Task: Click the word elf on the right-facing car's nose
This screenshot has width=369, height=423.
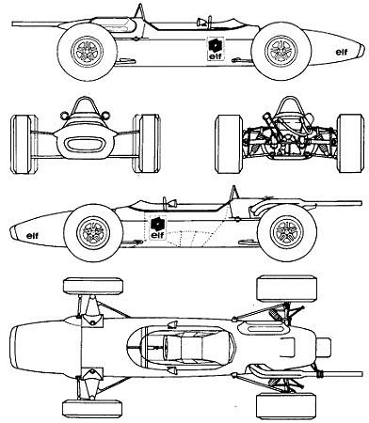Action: click(342, 52)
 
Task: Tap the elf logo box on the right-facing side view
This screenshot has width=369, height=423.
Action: click(216, 49)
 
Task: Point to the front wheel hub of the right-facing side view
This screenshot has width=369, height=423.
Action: click(281, 50)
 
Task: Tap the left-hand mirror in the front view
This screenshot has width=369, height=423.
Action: click(64, 116)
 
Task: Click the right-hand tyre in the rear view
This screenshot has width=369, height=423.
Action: click(350, 143)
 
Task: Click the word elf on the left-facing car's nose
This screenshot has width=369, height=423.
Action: click(33, 235)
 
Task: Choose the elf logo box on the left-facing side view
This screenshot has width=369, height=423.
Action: click(158, 227)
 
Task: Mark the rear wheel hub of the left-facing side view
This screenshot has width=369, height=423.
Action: click(287, 232)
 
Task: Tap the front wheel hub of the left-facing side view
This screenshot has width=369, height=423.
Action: click(93, 232)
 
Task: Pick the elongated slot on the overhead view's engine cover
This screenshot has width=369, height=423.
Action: click(266, 329)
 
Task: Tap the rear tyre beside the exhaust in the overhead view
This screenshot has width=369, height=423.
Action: click(285, 405)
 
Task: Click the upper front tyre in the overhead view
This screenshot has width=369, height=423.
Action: click(93, 286)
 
